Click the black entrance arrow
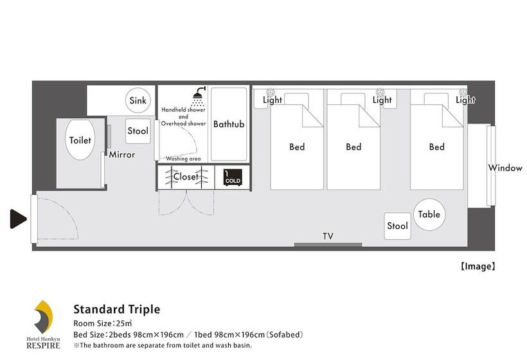point(18,219)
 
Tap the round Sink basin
point(138,100)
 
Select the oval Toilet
point(80,140)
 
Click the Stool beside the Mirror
point(138,131)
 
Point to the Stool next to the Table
point(397,226)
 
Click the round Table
point(429,215)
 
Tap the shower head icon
point(199,96)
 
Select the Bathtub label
point(229,124)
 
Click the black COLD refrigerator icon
point(233,177)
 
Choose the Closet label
point(186,177)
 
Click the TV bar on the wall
point(328,245)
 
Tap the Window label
point(505,168)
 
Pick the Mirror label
point(121,155)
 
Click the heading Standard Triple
point(116,309)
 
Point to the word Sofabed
point(285,335)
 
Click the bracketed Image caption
point(478,267)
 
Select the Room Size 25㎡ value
point(123,323)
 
